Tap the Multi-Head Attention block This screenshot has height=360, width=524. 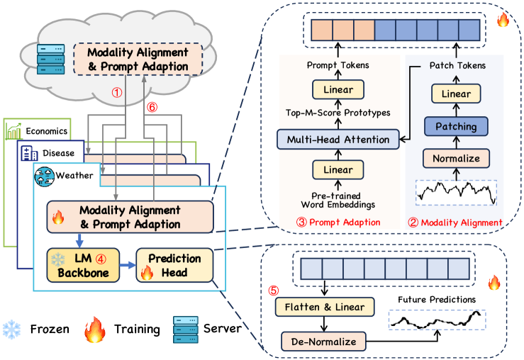tap(334, 140)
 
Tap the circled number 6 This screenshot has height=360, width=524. tap(151, 107)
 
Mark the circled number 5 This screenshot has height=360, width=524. tap(274, 290)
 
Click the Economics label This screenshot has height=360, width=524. tap(48, 130)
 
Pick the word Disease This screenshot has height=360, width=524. tap(59, 152)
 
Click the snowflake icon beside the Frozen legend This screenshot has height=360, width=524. tap(13, 329)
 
